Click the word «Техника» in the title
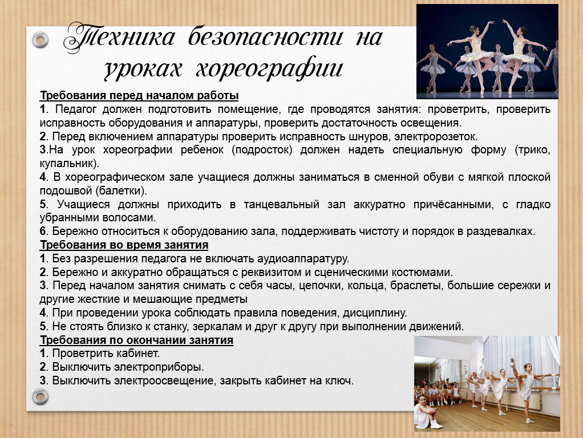point(120,38)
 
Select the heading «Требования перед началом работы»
point(139,96)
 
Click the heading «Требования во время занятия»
point(124,245)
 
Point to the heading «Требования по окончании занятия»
point(136,340)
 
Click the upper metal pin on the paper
point(40,39)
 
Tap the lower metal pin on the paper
point(40,396)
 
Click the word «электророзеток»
point(436,136)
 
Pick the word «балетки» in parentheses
point(121,190)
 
